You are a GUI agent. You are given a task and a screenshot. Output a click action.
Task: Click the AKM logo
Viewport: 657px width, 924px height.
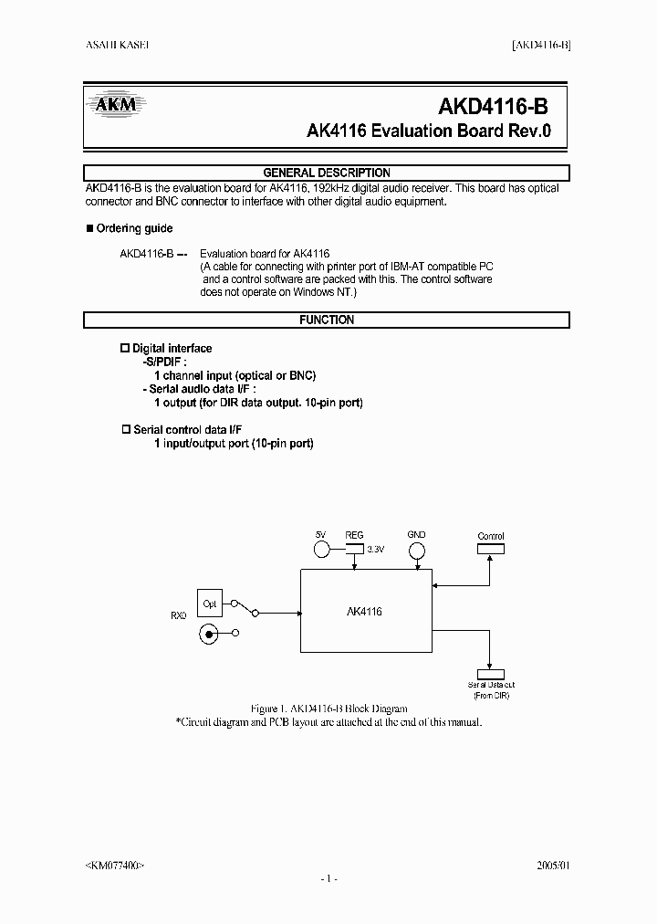point(115,104)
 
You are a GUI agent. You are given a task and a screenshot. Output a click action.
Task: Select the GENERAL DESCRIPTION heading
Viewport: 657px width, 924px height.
point(327,173)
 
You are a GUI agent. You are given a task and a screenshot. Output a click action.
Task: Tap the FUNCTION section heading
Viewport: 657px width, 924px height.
point(327,320)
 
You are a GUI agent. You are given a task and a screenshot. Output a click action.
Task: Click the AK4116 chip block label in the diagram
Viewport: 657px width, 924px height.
point(364,612)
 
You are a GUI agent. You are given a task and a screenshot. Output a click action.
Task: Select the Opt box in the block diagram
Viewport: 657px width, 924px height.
point(210,604)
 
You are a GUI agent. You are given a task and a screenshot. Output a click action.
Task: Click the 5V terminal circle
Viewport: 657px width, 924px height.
point(321,550)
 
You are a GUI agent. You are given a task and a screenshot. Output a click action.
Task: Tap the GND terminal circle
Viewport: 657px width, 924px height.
point(416,551)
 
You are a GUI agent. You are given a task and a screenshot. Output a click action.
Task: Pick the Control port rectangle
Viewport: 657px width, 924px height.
point(491,549)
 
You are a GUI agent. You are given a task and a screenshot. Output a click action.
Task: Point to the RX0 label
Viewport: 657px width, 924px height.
point(178,615)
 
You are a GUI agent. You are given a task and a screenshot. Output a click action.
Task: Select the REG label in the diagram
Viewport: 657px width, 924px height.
point(354,536)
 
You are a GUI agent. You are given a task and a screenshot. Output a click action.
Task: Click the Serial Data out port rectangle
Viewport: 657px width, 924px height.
point(491,673)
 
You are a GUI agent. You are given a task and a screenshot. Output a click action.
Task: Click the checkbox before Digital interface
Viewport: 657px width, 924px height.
point(126,348)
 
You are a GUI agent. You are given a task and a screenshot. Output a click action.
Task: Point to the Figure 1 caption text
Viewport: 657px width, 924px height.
point(328,709)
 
